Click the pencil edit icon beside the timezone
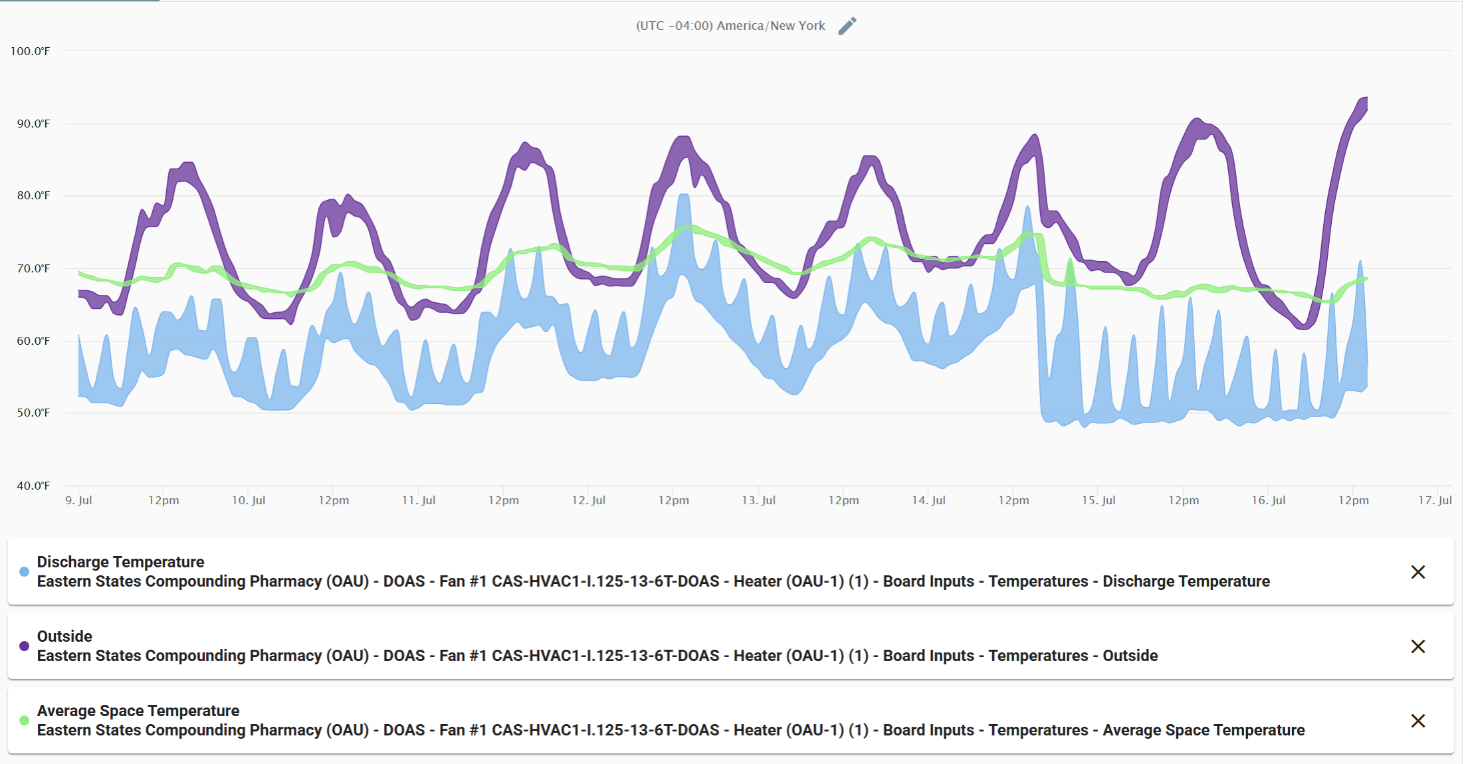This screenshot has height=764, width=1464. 847,26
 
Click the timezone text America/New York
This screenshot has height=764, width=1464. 730,26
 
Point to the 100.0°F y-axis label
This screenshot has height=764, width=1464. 30,51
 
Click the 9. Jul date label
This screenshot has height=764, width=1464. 78,500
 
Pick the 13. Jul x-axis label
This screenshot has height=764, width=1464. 758,500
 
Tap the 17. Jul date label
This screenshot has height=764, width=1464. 1435,500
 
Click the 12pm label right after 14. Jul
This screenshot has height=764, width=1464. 1013,500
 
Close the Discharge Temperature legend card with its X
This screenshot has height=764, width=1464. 1417,572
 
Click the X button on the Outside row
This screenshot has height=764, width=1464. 1417,646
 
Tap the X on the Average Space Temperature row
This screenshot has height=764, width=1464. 1417,721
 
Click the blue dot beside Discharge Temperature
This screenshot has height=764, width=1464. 25,572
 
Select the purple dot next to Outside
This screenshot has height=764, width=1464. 25,646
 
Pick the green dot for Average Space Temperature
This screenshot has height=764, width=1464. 25,721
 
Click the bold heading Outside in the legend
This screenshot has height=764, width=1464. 64,636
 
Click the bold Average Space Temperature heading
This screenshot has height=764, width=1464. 138,711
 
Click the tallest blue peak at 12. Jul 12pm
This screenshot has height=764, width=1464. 684,196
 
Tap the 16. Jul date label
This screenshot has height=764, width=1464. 1268,500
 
